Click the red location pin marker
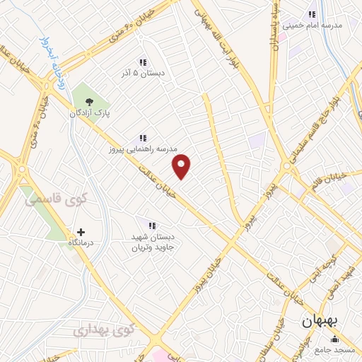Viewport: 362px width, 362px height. point(182,167)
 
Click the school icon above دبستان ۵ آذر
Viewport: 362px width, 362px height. point(143,62)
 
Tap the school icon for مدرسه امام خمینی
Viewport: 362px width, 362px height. point(312,14)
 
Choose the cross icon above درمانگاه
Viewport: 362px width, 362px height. point(81,232)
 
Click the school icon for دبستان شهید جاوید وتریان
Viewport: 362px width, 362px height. point(151,226)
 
